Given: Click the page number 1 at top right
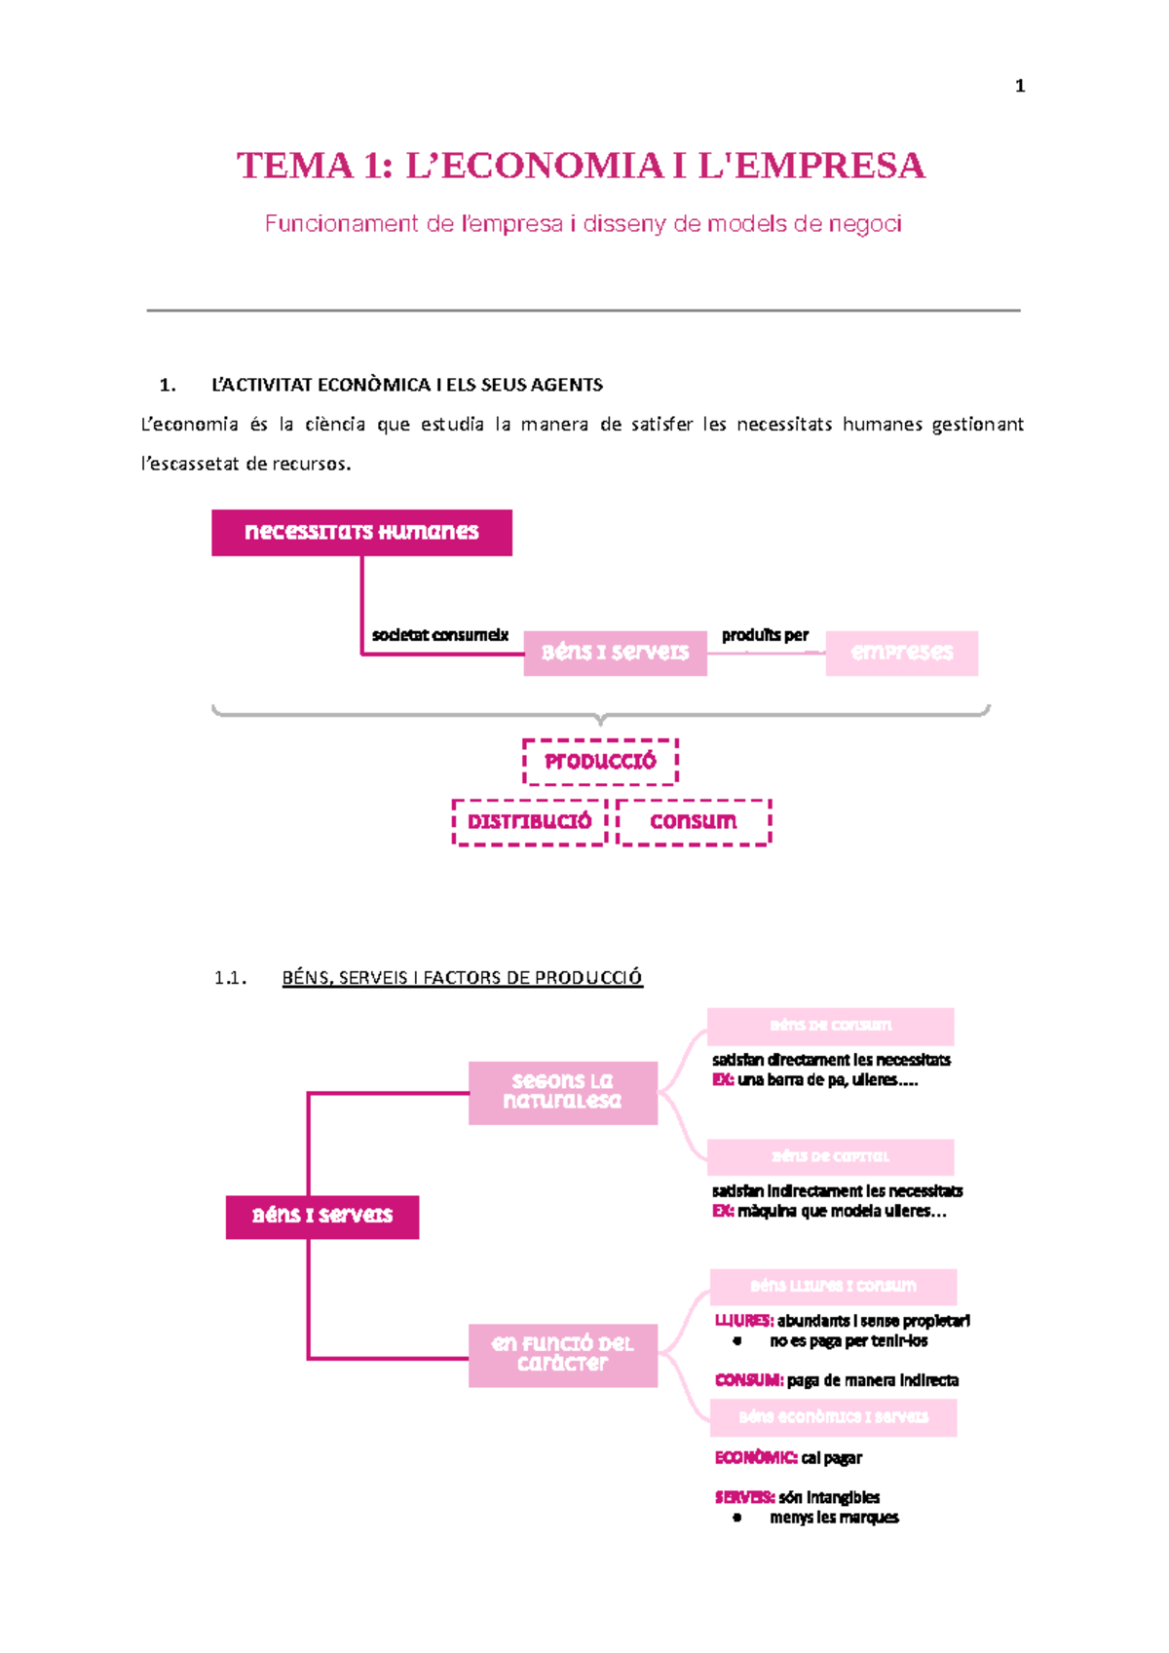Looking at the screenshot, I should click(x=1019, y=87).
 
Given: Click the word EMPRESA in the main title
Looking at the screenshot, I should click(x=829, y=166).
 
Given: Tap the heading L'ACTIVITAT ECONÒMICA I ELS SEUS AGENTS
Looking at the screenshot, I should click(x=406, y=385).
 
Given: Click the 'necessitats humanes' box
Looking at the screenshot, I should click(x=361, y=532).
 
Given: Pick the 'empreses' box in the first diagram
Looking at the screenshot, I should click(x=901, y=653).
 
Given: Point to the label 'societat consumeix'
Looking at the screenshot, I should click(x=439, y=635).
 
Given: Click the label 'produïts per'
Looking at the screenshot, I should click(x=765, y=635).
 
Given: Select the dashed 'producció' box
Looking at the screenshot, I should click(x=600, y=762).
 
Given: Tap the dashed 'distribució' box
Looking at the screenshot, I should click(x=529, y=822).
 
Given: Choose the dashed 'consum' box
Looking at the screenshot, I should click(x=694, y=822).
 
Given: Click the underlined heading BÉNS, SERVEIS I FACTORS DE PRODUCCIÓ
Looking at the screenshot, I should click(x=462, y=978).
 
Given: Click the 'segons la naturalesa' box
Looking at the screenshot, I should click(x=562, y=1092).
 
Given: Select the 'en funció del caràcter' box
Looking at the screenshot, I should click(x=562, y=1354).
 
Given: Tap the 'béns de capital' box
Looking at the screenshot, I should click(x=830, y=1156).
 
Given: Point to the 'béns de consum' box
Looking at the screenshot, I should click(x=830, y=1026).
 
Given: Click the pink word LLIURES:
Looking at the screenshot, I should click(x=744, y=1321).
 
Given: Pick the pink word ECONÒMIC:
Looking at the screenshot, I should click(x=756, y=1458).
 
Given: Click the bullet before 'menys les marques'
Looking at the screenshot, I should click(x=737, y=1518).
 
